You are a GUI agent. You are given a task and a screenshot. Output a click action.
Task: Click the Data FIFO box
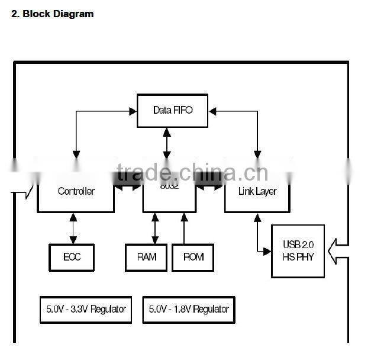point(173,110)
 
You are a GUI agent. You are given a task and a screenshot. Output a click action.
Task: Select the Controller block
point(76,191)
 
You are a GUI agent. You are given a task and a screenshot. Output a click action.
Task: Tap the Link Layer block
point(257,191)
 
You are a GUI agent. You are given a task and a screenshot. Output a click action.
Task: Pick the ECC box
point(72,257)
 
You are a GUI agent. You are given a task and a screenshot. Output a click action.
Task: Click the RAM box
point(146,257)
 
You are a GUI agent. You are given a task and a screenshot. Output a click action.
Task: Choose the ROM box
point(193,257)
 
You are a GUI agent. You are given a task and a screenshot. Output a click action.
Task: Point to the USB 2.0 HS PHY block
point(298,251)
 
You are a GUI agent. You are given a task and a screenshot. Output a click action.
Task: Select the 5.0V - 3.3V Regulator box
point(86,309)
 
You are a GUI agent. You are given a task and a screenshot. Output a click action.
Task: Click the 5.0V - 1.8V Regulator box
point(189,309)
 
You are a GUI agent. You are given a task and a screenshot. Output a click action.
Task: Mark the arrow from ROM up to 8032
point(184,228)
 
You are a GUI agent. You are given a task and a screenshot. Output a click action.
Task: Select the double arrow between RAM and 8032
point(155,228)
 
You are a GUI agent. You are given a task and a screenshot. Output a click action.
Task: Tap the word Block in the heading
point(36,14)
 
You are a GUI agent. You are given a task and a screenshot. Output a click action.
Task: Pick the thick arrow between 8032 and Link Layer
point(210,183)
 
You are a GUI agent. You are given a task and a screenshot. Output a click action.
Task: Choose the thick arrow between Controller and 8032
point(128,183)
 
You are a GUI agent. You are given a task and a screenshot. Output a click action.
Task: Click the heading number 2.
point(15,14)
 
